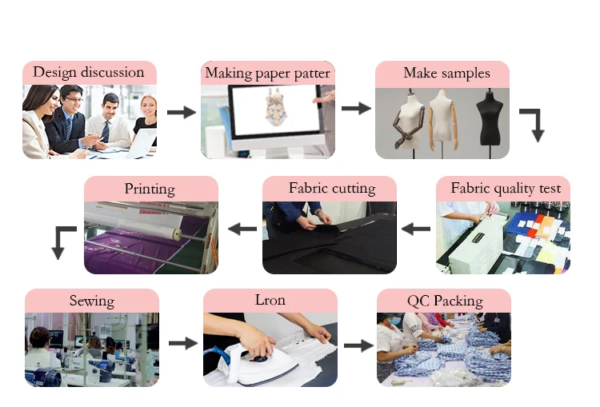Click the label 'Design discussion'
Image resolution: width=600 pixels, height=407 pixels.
pos(89,72)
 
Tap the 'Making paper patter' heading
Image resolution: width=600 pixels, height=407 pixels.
pos(267,74)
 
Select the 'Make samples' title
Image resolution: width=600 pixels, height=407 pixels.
pos(446,74)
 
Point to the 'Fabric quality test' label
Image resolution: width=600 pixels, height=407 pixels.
pos(506,189)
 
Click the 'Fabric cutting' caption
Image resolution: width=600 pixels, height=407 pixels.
pos(331,189)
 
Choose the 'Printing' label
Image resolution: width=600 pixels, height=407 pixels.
pos(150,190)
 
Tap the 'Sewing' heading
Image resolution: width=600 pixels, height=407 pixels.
pos(92,301)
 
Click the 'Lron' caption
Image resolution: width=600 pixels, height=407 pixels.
pos(270,301)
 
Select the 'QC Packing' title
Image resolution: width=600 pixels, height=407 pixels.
pos(445,301)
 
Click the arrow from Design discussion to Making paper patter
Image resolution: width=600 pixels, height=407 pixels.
pos(181,112)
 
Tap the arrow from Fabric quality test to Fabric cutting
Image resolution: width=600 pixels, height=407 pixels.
pos(416,229)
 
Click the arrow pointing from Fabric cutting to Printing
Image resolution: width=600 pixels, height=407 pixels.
pos(242,229)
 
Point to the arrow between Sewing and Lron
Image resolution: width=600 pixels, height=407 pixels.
pos(182,343)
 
